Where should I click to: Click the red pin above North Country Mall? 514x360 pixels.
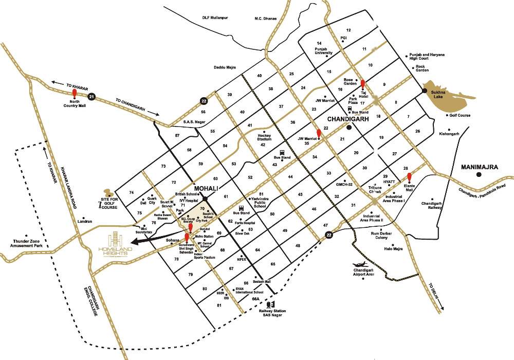[75, 94]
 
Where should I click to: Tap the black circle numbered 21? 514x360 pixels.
[91, 96]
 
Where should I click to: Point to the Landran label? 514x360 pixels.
[84, 221]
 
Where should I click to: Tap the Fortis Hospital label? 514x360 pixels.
[245, 223]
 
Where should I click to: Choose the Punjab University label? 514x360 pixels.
[324, 50]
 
